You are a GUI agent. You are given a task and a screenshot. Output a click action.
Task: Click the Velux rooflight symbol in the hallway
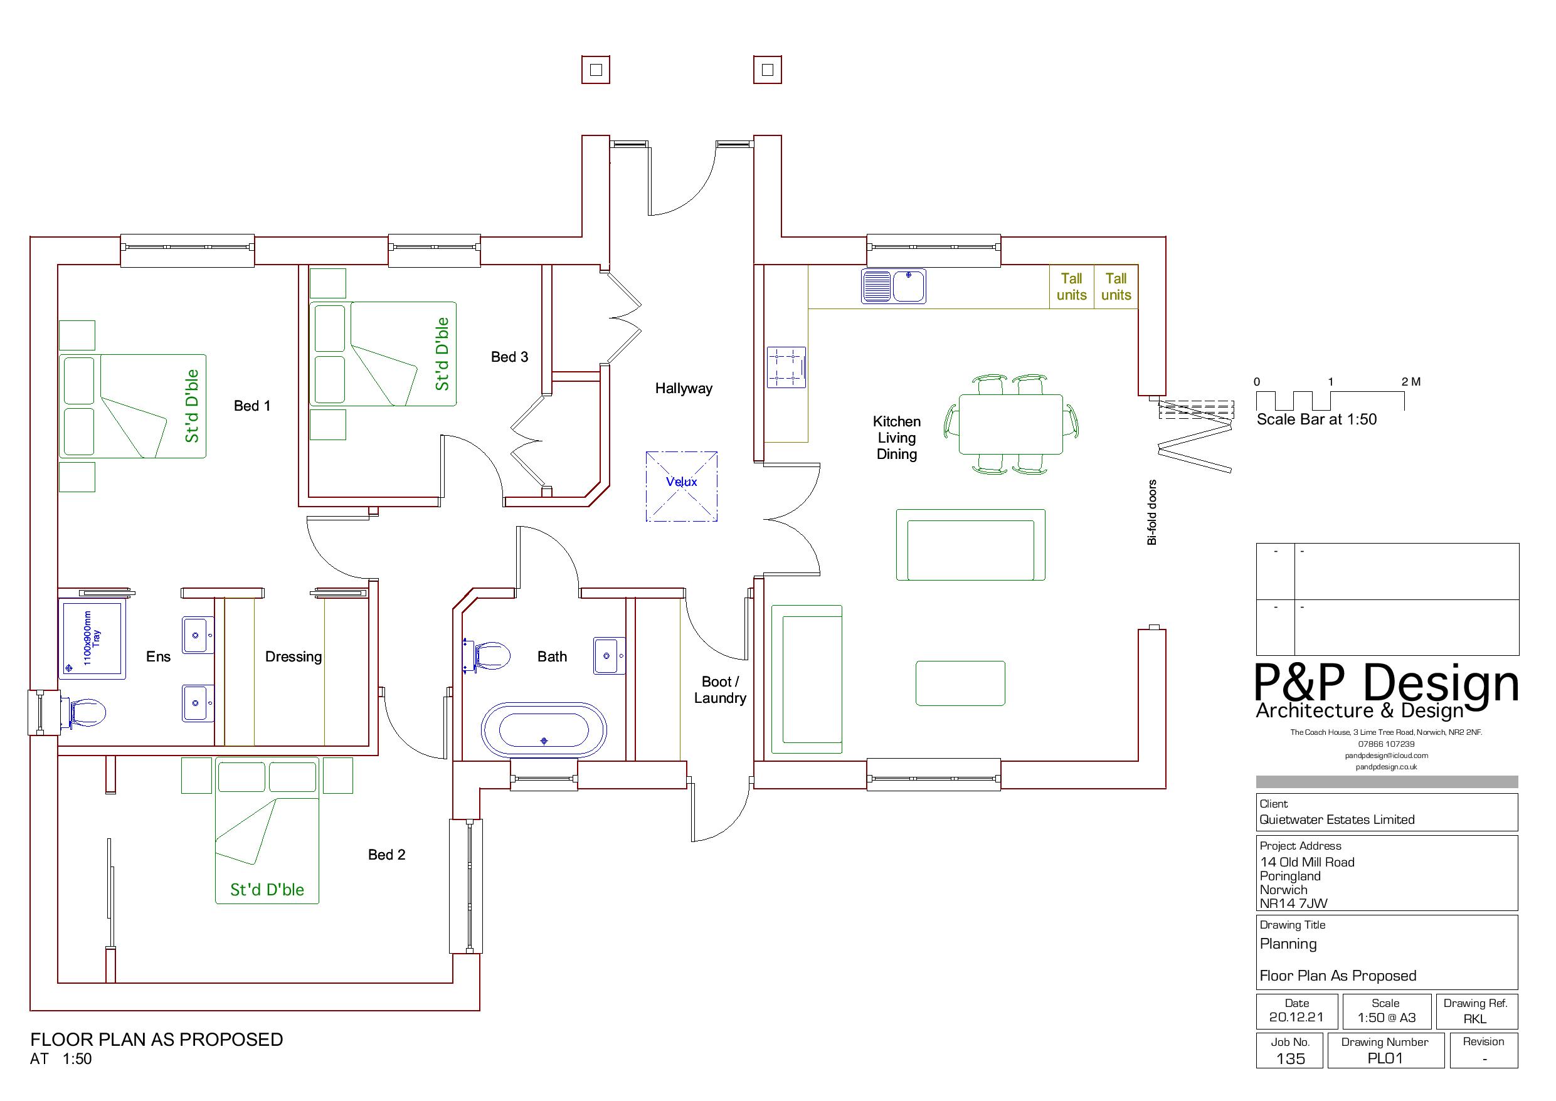[x=681, y=486]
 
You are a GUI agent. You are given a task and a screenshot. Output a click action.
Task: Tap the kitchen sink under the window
[x=894, y=286]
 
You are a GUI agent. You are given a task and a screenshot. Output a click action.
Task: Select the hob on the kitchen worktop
[x=786, y=367]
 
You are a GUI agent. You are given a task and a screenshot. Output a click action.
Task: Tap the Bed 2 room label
[x=386, y=854]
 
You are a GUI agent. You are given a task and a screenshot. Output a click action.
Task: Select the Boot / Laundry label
[x=720, y=690]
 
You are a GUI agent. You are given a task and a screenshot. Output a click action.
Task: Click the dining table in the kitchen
[x=1010, y=424]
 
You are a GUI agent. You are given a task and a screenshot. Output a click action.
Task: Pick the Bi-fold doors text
[x=1152, y=512]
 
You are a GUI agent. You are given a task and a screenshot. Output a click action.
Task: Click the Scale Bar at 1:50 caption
[x=1316, y=419]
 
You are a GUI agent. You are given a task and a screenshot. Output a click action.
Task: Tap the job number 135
[x=1289, y=1058]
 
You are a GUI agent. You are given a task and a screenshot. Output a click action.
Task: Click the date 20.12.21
[x=1296, y=1017]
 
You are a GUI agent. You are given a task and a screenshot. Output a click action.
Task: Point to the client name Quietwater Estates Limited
[x=1336, y=819]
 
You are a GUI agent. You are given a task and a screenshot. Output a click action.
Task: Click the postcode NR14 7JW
[x=1293, y=903]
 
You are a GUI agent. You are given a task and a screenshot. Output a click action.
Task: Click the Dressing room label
[x=293, y=656]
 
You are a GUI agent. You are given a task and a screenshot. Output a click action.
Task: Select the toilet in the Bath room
[x=490, y=656]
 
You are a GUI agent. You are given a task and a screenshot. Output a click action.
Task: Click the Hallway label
[x=684, y=389]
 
